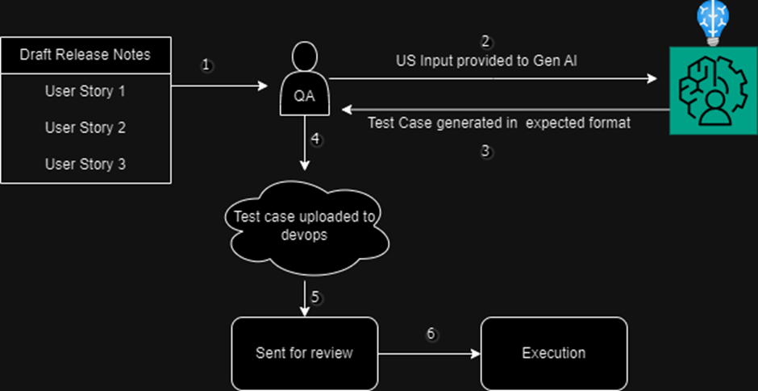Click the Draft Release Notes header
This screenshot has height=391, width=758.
point(85,55)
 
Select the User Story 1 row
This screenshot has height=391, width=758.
point(85,91)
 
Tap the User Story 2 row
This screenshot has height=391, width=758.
point(85,127)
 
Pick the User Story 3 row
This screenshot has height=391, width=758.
point(85,164)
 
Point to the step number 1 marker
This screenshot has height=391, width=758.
point(207,66)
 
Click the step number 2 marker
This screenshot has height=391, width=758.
point(485,41)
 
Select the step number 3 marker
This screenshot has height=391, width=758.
point(485,152)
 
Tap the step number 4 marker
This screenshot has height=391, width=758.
point(316,139)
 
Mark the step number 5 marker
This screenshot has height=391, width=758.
point(316,297)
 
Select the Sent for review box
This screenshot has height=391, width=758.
point(304,353)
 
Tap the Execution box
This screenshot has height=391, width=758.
point(553,353)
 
